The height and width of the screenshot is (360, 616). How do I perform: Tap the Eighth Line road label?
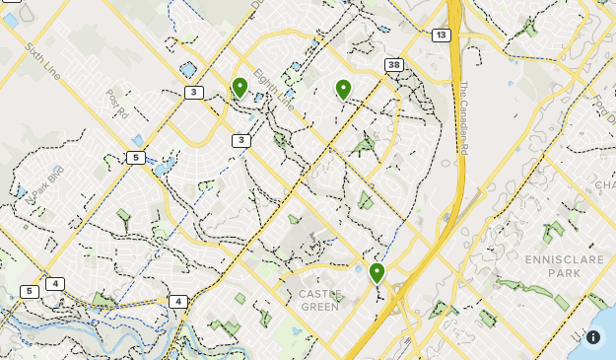tap(273, 89)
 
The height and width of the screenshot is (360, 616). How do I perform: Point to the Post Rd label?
tap(117, 105)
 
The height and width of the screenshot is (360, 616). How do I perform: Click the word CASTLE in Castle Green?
tap(320, 294)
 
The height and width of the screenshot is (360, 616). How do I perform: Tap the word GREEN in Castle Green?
tap(320, 307)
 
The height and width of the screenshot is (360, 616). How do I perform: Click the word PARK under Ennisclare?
tap(565, 272)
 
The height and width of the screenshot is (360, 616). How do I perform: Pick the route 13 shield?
tap(441, 36)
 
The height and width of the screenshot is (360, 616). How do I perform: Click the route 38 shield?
tap(394, 65)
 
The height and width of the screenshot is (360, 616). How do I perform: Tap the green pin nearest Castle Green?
tap(376, 272)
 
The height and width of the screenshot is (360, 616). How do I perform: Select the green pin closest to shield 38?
tap(343, 90)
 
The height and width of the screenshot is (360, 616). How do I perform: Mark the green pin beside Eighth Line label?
tap(240, 88)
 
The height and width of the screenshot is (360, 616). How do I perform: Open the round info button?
tap(593, 336)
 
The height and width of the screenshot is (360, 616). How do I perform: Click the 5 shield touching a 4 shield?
tap(30, 291)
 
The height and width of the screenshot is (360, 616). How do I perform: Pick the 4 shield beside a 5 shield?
tap(54, 284)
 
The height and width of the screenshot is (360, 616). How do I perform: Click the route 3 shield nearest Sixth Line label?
tap(193, 93)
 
